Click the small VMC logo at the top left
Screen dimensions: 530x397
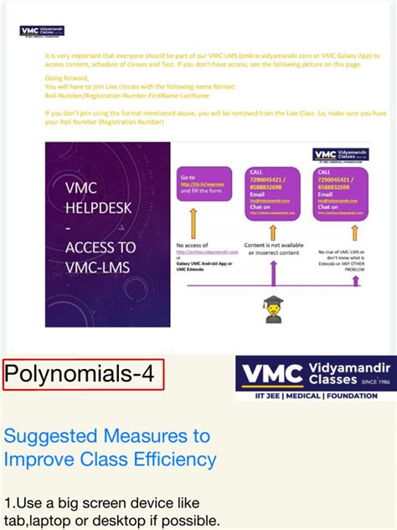pyautogui.click(x=42, y=31)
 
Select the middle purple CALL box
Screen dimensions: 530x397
pyautogui.click(x=272, y=193)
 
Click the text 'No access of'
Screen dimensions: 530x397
pyautogui.click(x=190, y=245)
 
